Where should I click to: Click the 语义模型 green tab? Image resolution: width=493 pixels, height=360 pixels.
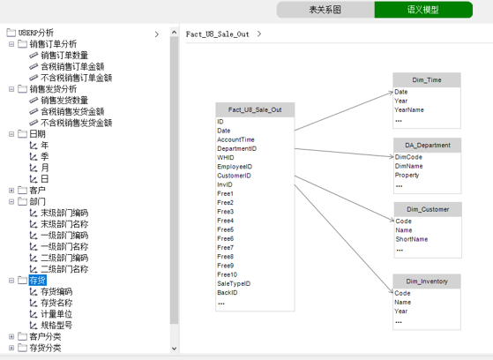pyautogui.click(x=423, y=10)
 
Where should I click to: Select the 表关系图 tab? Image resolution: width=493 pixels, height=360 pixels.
pyautogui.click(x=325, y=10)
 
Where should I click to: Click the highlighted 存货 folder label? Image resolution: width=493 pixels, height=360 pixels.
pyautogui.click(x=37, y=280)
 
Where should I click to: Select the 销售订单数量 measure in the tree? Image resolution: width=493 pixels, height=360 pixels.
pyautogui.click(x=64, y=56)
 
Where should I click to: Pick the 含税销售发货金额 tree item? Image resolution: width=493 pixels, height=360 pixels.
pyautogui.click(x=72, y=112)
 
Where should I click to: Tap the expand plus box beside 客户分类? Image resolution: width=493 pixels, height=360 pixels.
pyautogui.click(x=11, y=337)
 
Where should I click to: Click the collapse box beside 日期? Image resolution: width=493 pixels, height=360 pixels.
pyautogui.click(x=11, y=134)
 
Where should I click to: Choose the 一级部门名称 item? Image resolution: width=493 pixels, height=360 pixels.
pyautogui.click(x=64, y=247)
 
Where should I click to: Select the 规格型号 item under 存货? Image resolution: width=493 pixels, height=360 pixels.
pyautogui.click(x=56, y=326)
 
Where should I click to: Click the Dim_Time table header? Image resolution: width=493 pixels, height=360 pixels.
pyautogui.click(x=427, y=80)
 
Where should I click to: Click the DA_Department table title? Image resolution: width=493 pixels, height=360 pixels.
pyautogui.click(x=427, y=145)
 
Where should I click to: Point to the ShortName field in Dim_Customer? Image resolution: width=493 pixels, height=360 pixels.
pyautogui.click(x=412, y=239)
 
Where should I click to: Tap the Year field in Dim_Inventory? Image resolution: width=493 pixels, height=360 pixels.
pyautogui.click(x=401, y=311)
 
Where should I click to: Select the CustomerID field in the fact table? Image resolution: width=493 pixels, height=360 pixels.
pyautogui.click(x=234, y=176)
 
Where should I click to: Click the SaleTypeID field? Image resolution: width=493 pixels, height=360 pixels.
pyautogui.click(x=234, y=283)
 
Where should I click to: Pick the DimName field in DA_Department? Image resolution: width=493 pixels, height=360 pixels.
pyautogui.click(x=408, y=166)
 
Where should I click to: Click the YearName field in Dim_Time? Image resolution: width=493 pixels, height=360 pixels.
pyautogui.click(x=409, y=109)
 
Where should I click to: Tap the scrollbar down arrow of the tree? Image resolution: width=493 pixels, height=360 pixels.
pyautogui.click(x=175, y=349)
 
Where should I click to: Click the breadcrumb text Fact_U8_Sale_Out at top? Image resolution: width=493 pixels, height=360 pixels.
pyautogui.click(x=217, y=34)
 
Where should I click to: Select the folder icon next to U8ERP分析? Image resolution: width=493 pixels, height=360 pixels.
pyautogui.click(x=11, y=33)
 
